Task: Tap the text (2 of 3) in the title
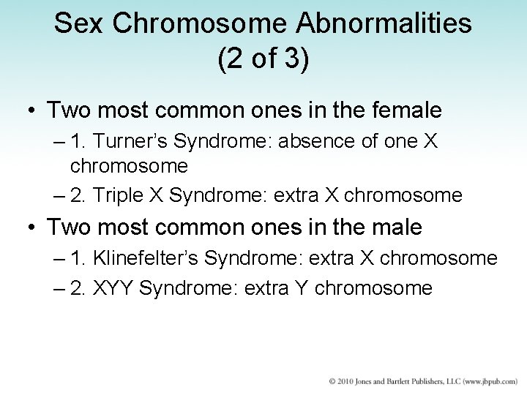tap(263, 59)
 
